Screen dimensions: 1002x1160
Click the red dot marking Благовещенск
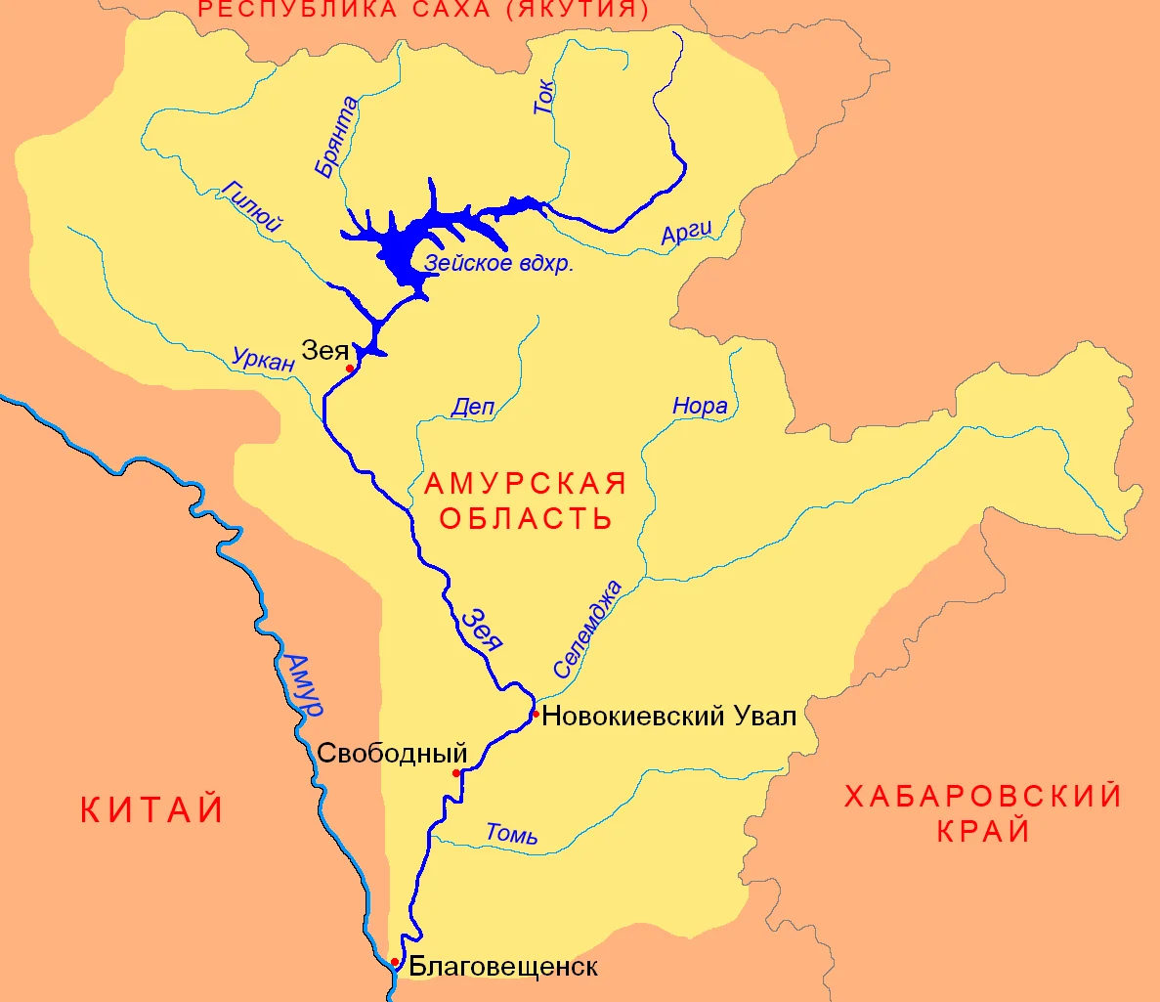tap(395, 962)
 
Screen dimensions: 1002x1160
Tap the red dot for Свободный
tap(456, 773)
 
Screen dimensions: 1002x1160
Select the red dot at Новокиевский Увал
tap(536, 714)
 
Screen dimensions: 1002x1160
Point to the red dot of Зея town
tap(350, 369)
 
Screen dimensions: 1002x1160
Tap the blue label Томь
tap(511, 834)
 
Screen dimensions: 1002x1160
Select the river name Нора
tap(700, 406)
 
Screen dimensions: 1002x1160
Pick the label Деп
tap(473, 408)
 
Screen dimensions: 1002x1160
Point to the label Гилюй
tap(252, 206)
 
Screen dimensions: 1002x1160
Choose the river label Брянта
tap(336, 138)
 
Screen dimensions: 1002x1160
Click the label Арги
tap(686, 232)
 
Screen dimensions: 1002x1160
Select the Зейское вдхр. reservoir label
tap(498, 264)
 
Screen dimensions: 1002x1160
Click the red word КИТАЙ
tap(151, 810)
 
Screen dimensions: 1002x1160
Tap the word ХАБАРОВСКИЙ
tap(983, 797)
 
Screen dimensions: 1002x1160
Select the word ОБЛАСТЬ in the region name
tap(525, 517)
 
